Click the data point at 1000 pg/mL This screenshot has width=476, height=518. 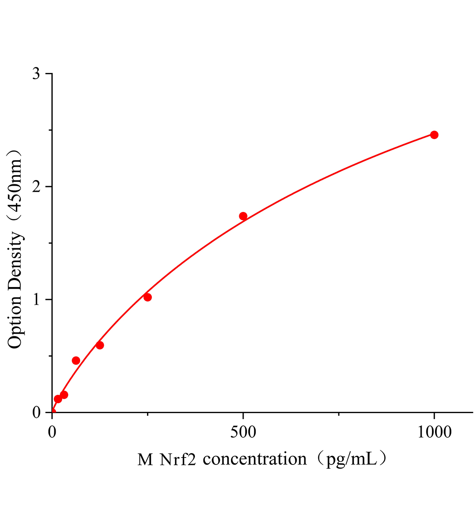(434, 135)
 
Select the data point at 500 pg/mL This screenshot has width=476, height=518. (243, 216)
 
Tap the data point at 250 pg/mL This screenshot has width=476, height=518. (147, 297)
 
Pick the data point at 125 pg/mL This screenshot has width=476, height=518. (100, 345)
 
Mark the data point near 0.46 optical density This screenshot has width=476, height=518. (76, 360)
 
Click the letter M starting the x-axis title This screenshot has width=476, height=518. (145, 459)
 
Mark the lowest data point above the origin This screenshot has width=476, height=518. (58, 399)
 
